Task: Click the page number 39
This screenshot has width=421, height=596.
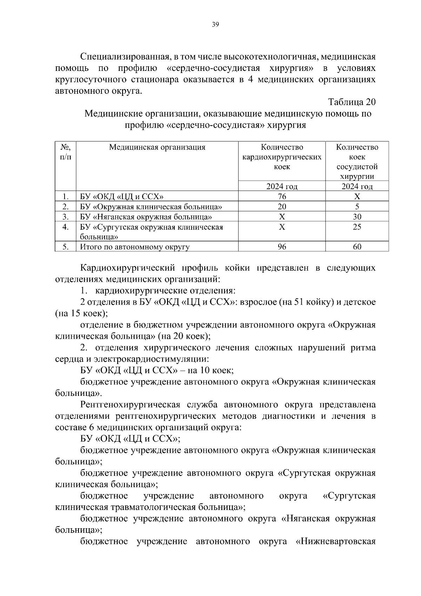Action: point(215,24)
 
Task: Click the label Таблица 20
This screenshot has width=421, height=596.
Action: point(352,102)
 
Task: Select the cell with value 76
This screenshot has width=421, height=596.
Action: point(282,196)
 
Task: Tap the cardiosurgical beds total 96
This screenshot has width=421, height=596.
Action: point(282,247)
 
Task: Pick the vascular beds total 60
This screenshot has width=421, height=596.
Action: point(357,247)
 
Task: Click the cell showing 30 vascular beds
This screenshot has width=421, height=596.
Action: point(357,217)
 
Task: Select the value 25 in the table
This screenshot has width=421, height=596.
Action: point(357,227)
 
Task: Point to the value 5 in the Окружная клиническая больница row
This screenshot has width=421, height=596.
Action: point(357,206)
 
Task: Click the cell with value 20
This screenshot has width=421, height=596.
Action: point(282,206)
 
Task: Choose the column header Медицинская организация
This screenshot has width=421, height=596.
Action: point(157,147)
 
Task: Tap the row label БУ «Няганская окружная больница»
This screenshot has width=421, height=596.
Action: point(146,217)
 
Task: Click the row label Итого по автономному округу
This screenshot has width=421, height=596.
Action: point(135,247)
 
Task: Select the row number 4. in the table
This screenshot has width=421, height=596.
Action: point(65,227)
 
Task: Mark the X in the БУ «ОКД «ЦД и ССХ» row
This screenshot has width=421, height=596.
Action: point(357,196)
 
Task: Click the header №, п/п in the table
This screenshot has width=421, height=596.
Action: point(65,152)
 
